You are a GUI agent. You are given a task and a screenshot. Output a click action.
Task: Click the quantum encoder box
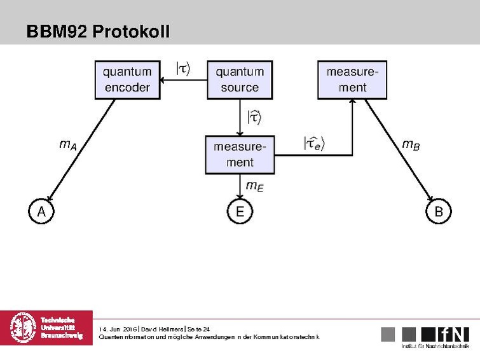click(127, 80)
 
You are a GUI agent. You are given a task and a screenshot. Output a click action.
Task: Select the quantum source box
click(240, 80)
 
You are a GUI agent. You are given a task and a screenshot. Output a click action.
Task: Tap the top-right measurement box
click(352, 80)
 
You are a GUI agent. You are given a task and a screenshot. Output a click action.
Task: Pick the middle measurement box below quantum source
click(240, 155)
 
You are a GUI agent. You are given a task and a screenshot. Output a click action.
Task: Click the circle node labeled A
click(41, 212)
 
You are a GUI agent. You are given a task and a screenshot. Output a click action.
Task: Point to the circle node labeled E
click(240, 212)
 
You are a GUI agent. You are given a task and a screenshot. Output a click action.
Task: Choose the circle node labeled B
click(438, 212)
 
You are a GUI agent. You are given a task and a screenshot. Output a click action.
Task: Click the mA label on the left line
click(68, 145)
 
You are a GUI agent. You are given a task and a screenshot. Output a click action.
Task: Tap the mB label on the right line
click(411, 145)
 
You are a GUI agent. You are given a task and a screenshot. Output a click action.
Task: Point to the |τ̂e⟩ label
click(313, 144)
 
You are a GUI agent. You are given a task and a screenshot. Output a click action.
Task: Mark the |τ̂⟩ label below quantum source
click(254, 117)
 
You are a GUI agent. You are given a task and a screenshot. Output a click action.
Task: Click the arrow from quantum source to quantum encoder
click(184, 80)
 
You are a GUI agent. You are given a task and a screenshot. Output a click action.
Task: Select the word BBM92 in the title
click(57, 31)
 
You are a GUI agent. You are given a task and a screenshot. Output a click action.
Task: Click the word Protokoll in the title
click(131, 31)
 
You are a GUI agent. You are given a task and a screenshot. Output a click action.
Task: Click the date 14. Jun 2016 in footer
click(118, 328)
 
